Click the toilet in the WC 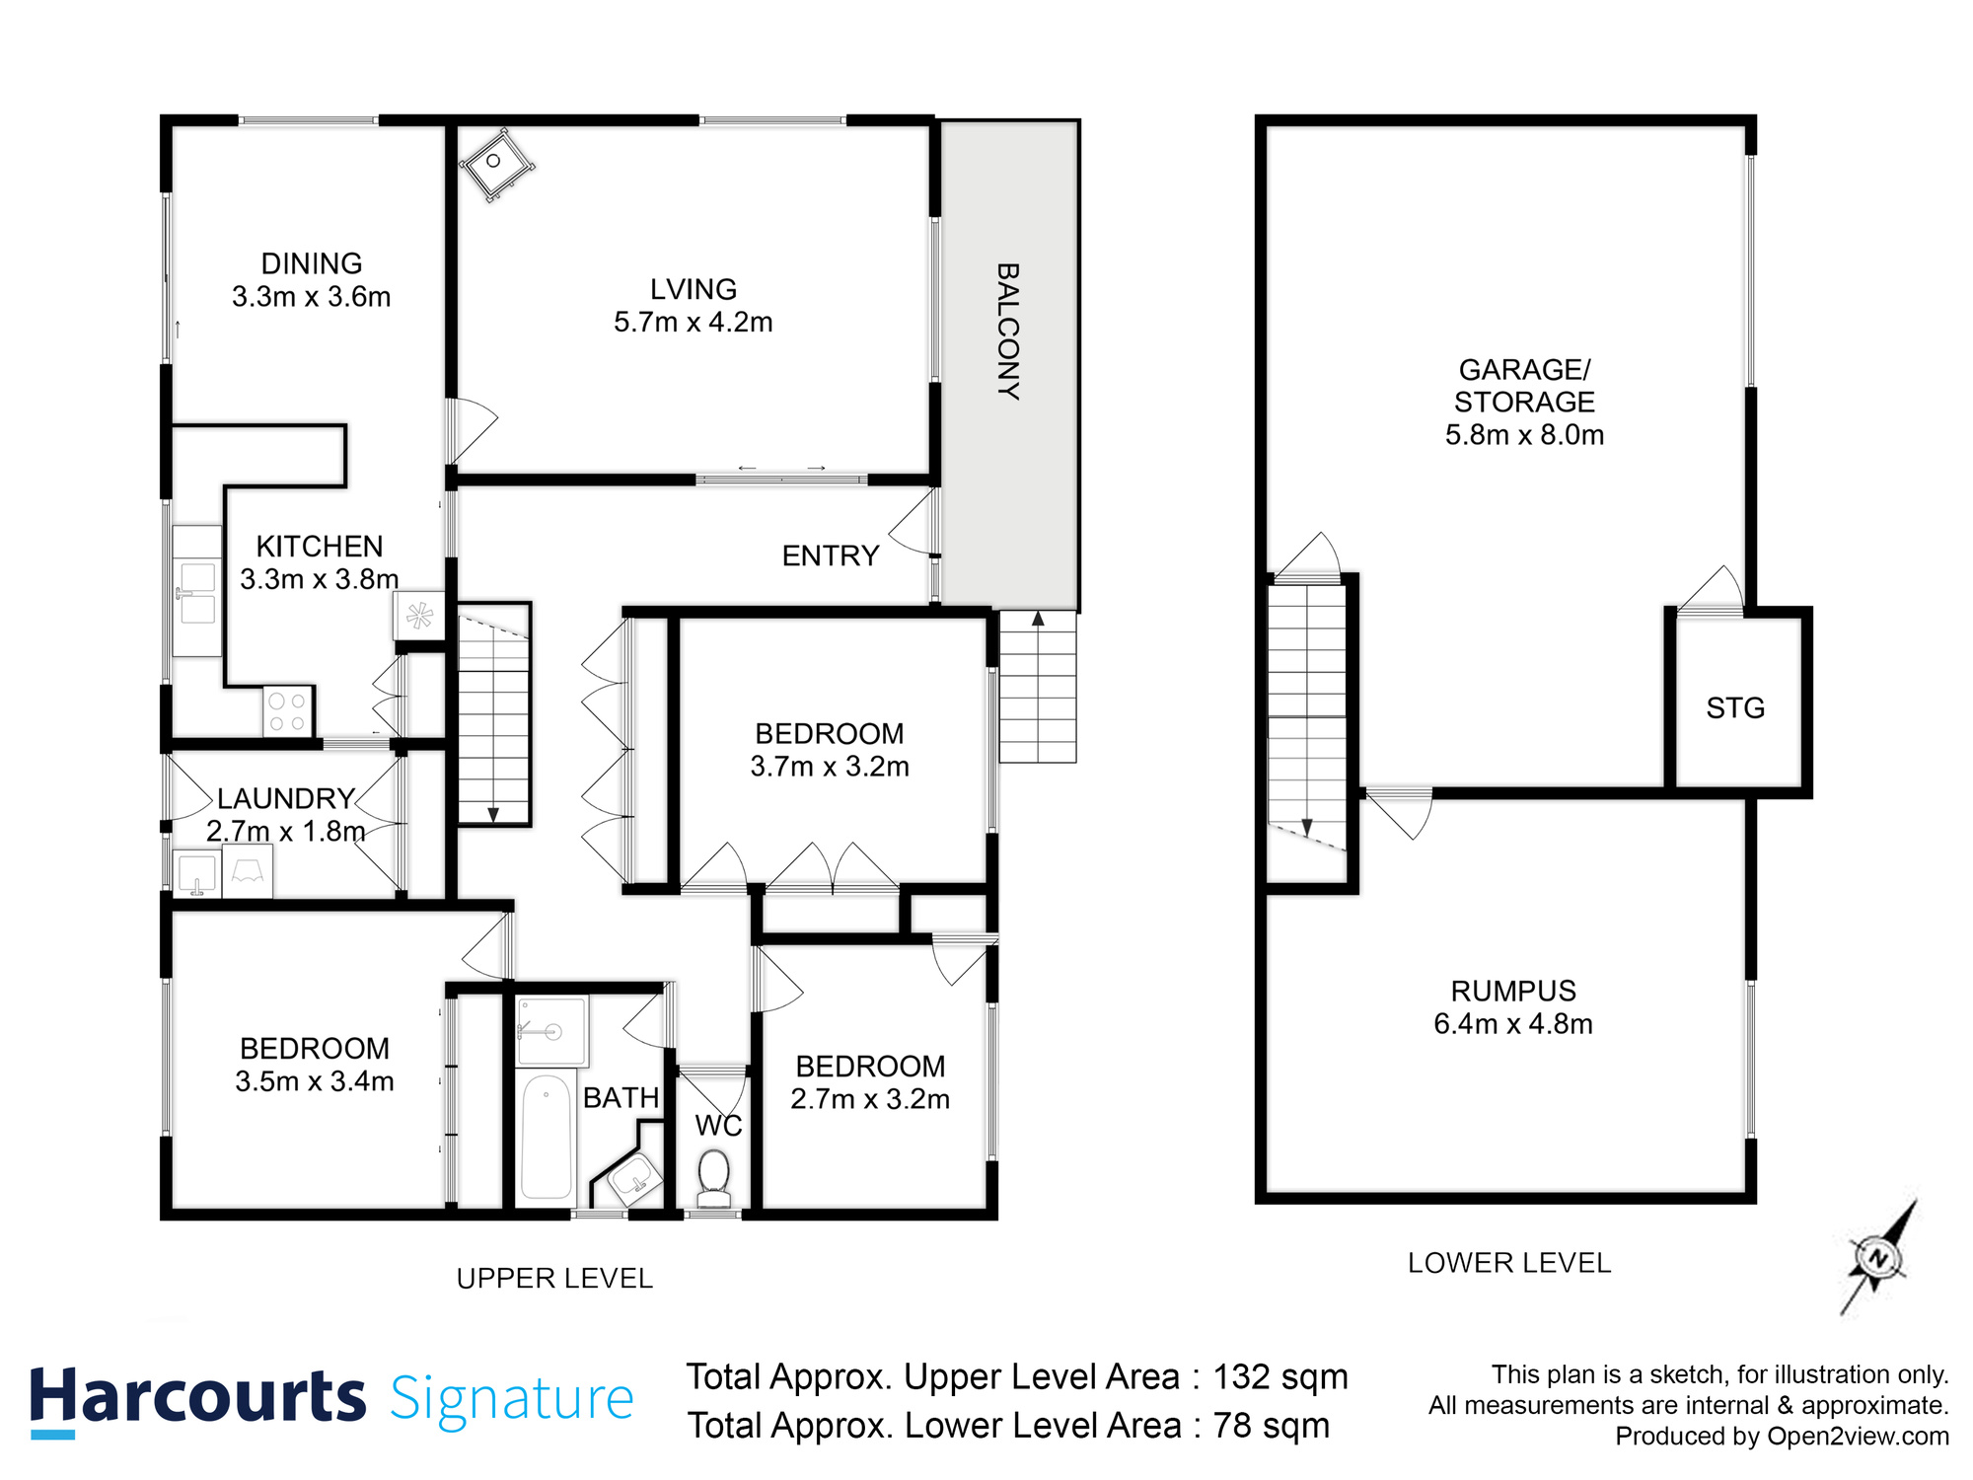(713, 1178)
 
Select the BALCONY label (1007, 331)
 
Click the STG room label (1735, 707)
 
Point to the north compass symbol (1878, 1258)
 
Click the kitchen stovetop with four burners (288, 711)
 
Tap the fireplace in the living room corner (496, 164)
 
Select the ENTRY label (831, 555)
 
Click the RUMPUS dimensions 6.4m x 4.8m (1513, 1024)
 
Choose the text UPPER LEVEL (554, 1279)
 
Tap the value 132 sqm (1280, 1376)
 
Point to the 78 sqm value (1272, 1426)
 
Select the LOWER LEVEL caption (1509, 1263)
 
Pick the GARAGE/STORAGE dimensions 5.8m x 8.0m (1524, 435)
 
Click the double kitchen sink (197, 593)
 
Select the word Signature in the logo (512, 1399)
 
